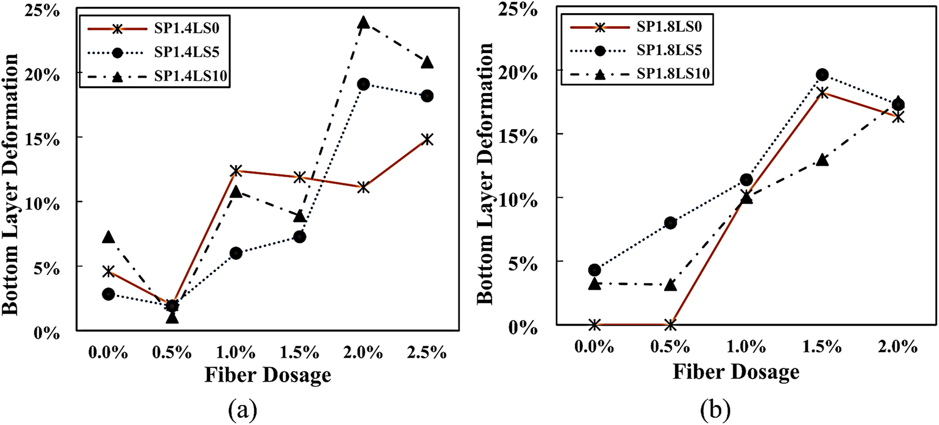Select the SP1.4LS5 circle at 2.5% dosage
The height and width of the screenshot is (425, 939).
pyautogui.click(x=427, y=96)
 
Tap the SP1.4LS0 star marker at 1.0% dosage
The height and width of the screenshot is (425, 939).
pyautogui.click(x=236, y=170)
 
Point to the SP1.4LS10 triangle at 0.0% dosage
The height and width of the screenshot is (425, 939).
pyautogui.click(x=109, y=237)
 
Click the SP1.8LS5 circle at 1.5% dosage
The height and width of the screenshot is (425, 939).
pyautogui.click(x=822, y=74)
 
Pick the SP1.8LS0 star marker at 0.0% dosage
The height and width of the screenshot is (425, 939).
pyautogui.click(x=594, y=325)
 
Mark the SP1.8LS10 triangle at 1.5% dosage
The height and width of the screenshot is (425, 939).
pyautogui.click(x=822, y=160)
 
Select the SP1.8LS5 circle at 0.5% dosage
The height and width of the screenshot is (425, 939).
pyautogui.click(x=670, y=223)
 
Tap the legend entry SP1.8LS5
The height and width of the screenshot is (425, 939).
pyautogui.click(x=668, y=50)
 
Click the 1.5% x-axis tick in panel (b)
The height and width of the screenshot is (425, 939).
pyautogui.click(x=822, y=346)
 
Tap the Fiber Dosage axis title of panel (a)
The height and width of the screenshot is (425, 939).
pyautogui.click(x=267, y=375)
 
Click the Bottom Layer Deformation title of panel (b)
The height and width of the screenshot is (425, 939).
pyautogui.click(x=485, y=171)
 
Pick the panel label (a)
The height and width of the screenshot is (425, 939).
pyautogui.click(x=242, y=410)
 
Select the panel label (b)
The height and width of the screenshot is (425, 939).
pyautogui.click(x=713, y=410)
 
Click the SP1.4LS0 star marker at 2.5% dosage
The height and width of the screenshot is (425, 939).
pyautogui.click(x=427, y=139)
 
